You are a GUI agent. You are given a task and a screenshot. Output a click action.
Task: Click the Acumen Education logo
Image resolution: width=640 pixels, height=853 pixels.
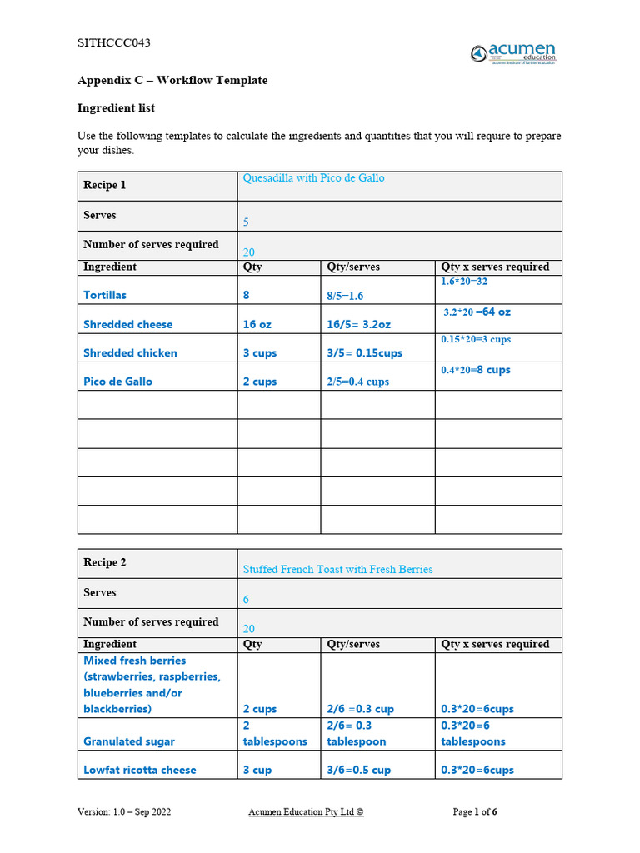coord(513,53)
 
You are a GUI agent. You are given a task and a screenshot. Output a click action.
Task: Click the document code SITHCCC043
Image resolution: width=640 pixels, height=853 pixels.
coord(114,43)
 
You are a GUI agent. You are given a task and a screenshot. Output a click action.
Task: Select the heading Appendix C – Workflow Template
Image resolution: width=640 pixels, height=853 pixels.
coord(172,81)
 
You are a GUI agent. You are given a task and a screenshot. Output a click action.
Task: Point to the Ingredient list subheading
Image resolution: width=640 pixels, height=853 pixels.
coord(116,108)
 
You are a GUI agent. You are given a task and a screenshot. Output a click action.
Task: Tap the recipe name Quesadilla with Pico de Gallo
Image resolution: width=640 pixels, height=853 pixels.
coord(313,178)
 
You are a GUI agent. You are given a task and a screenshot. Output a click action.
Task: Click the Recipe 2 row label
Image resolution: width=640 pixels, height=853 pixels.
coord(105,562)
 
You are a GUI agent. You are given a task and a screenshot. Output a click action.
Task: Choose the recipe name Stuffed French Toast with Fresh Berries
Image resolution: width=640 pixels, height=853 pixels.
coord(337,570)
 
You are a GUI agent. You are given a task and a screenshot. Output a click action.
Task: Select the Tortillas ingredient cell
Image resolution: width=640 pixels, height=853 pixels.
coord(105,295)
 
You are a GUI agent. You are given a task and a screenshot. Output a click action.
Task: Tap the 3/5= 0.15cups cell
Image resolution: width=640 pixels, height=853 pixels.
coord(364,353)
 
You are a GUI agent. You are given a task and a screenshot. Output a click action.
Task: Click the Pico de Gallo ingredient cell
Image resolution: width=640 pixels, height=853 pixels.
coord(117,382)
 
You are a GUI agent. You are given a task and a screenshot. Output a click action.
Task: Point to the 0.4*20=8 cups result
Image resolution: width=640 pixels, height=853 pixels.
coord(476,370)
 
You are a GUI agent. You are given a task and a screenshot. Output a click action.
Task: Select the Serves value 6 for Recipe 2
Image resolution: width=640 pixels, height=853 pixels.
coord(246,600)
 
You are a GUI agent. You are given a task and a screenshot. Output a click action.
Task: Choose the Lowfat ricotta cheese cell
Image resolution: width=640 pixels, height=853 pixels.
coord(140,770)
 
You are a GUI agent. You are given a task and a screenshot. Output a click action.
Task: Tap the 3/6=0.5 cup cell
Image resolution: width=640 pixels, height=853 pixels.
coord(358,770)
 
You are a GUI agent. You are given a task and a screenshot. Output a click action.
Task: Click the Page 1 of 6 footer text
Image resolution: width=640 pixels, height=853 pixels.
coord(475,811)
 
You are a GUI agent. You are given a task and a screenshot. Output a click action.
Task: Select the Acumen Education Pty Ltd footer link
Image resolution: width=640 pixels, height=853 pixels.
coord(306,811)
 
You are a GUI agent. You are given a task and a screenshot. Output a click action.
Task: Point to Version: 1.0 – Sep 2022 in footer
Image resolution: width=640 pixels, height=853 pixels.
coord(124,811)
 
